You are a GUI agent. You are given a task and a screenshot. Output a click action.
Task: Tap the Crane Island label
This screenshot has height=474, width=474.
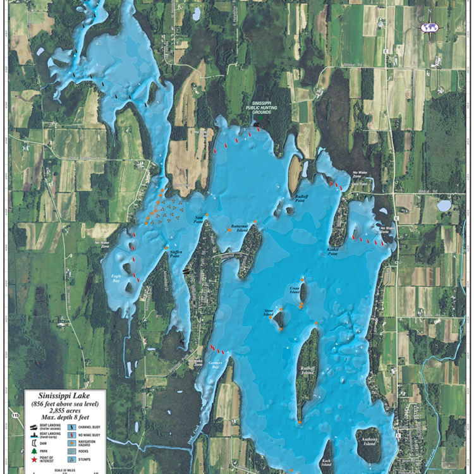pos(294,290)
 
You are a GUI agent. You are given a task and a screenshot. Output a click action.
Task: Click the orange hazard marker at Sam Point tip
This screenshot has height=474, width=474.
pos(206,215)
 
